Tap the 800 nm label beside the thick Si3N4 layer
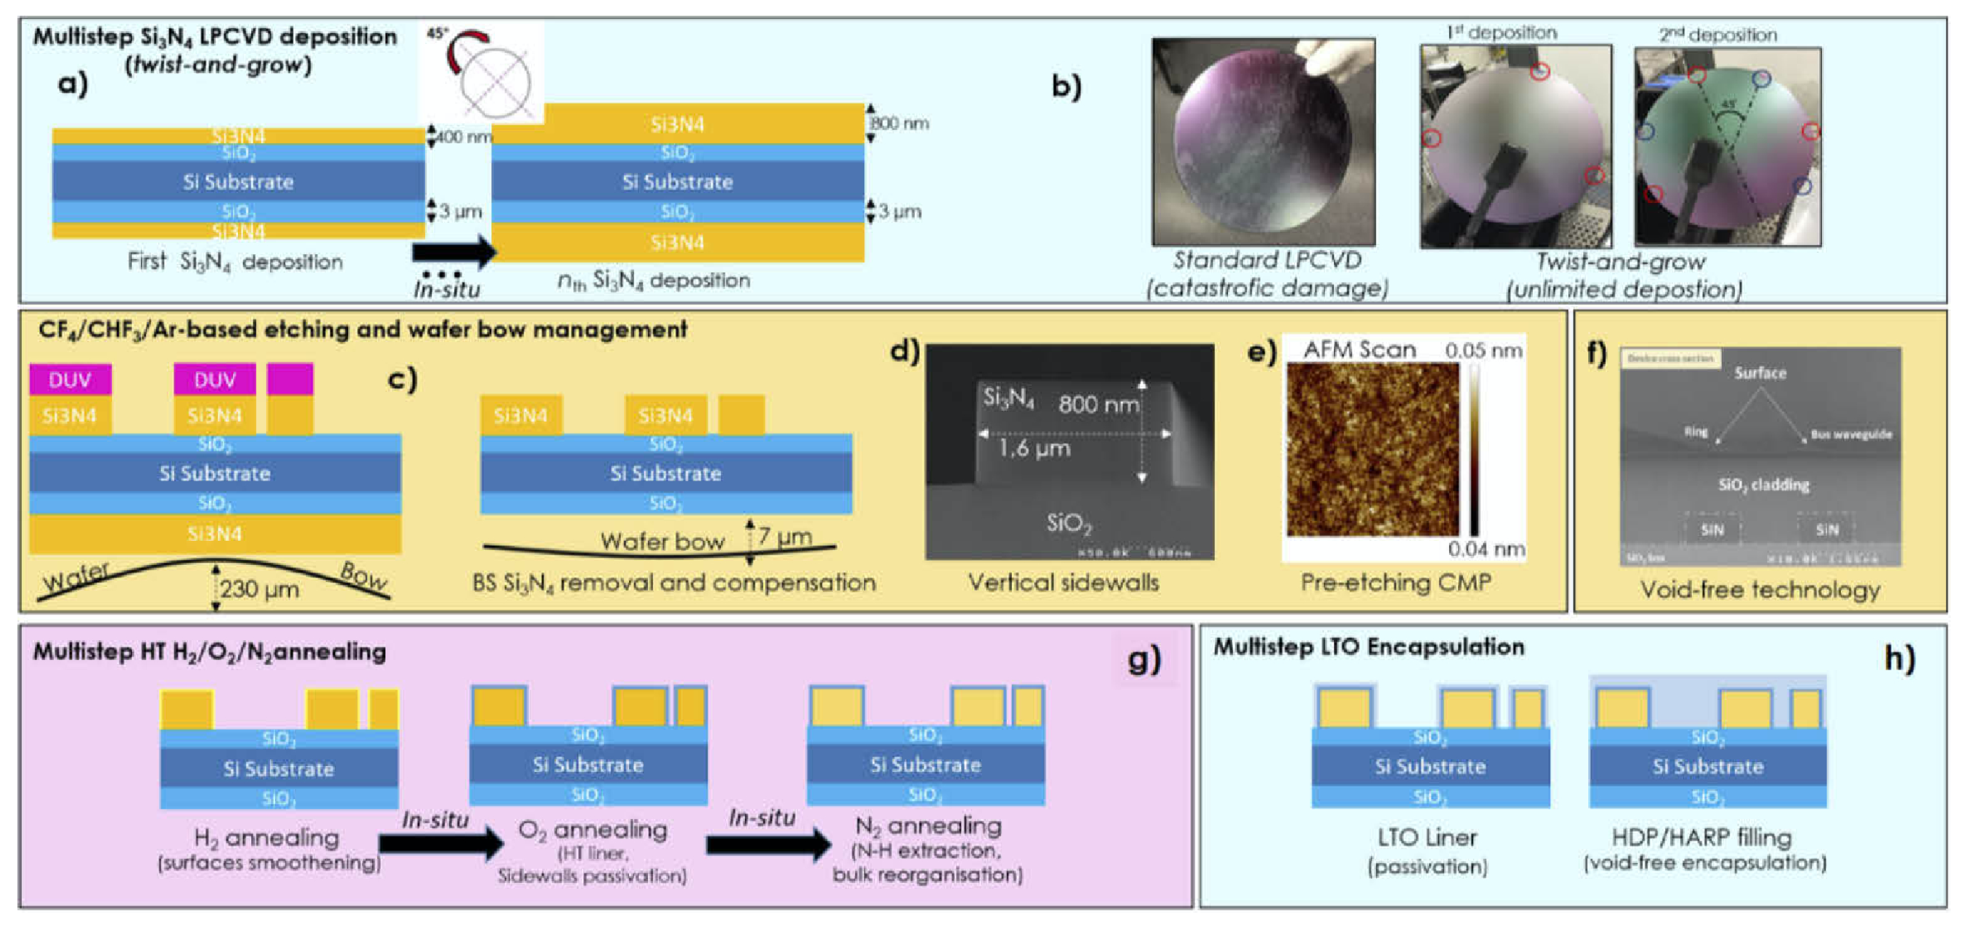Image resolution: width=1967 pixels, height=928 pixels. tap(901, 123)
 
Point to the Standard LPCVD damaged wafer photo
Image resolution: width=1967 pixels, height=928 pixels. tap(1263, 142)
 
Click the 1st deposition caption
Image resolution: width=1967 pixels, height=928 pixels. tap(1501, 33)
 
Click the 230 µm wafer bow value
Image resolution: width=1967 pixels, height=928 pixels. tap(260, 590)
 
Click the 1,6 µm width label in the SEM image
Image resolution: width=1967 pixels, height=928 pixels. tap(1035, 448)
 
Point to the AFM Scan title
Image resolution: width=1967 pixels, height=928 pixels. tap(1359, 350)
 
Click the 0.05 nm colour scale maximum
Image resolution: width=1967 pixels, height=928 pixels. tap(1483, 350)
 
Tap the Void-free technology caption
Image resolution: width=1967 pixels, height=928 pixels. tap(1760, 590)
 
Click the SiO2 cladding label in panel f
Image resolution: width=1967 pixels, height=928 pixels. tap(1763, 485)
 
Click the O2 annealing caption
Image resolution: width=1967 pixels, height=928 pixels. tap(592, 830)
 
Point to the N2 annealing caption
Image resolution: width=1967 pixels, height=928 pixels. tap(927, 826)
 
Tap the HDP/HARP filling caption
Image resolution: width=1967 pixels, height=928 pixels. tap(1701, 837)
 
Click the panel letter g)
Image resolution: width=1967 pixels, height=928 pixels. tap(1144, 658)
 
